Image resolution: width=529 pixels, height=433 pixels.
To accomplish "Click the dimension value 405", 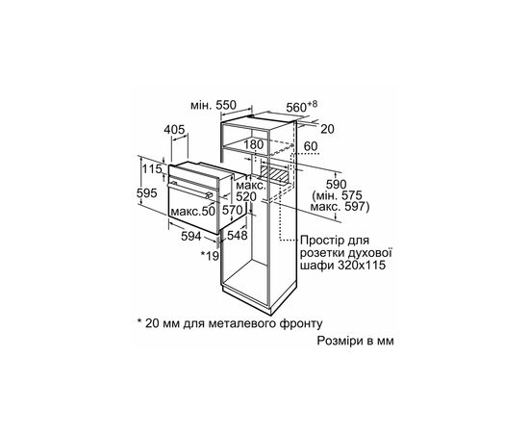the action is tap(173, 129).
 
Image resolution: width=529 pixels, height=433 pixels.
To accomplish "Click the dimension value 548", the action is tap(238, 235).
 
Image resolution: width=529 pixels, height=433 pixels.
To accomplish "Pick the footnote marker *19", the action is tap(211, 256).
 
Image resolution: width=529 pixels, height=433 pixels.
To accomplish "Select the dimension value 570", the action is tap(232, 210).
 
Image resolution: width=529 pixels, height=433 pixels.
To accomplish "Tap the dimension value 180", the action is tap(254, 145).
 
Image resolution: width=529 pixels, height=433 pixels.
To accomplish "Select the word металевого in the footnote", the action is tap(229, 323).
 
